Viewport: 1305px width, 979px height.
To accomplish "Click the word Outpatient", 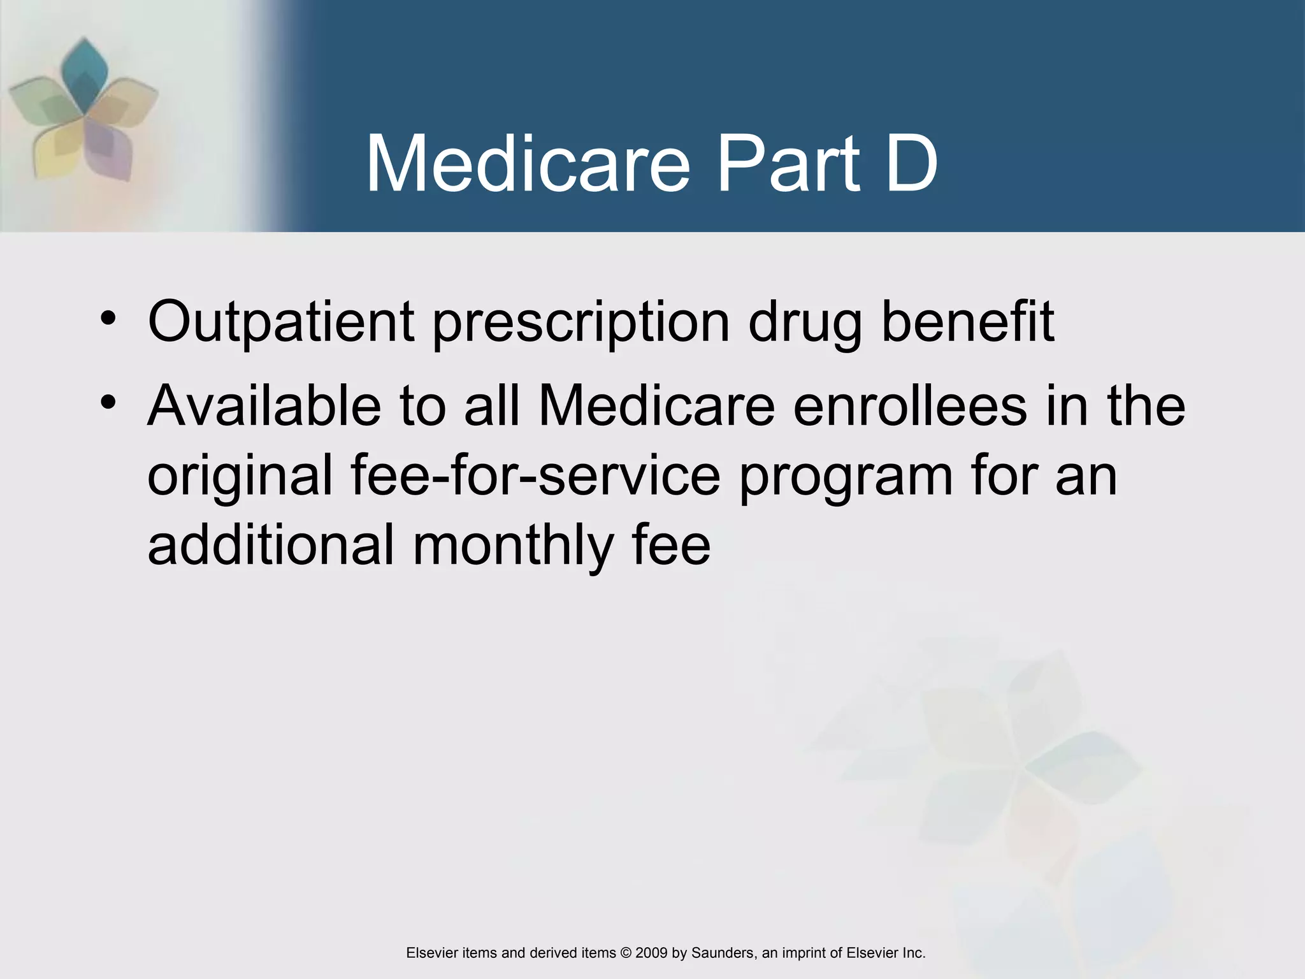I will pyautogui.click(x=280, y=323).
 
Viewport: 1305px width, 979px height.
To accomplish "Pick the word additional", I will pyautogui.click(x=270, y=546).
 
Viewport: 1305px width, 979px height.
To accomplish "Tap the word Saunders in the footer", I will pyautogui.click(x=723, y=953).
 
